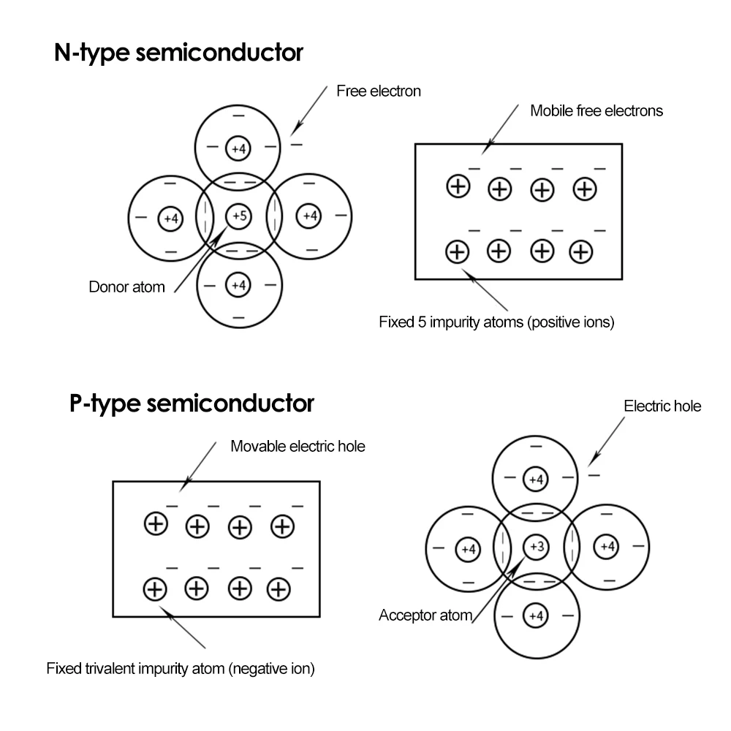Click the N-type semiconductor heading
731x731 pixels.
tap(178, 53)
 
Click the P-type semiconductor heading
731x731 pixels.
tap(192, 403)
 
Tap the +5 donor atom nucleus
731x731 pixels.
tap(239, 216)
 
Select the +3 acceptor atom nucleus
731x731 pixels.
tap(536, 546)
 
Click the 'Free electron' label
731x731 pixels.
tap(379, 91)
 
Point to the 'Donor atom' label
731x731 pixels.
tap(126, 287)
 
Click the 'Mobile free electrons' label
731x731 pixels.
tap(596, 111)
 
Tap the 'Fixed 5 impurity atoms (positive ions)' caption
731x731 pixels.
tap(496, 322)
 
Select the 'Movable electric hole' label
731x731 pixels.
tap(298, 446)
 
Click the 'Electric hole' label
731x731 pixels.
tap(662, 406)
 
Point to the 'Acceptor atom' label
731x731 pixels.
tap(425, 616)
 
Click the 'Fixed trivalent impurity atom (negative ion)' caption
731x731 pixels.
tap(181, 668)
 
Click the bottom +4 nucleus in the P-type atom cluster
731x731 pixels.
tap(536, 616)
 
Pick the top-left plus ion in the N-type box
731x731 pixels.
tap(458, 186)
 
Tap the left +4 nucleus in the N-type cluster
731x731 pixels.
tap(170, 217)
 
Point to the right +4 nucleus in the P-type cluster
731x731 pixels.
tap(607, 546)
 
